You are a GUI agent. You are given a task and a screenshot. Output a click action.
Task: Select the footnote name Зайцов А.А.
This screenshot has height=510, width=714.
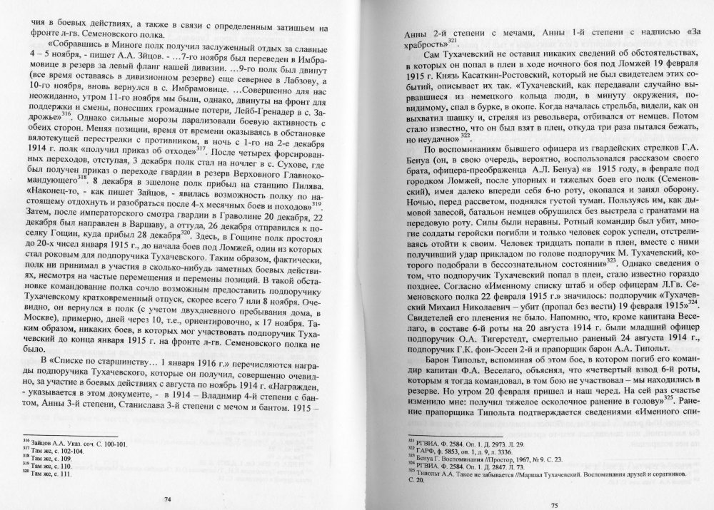52,444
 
